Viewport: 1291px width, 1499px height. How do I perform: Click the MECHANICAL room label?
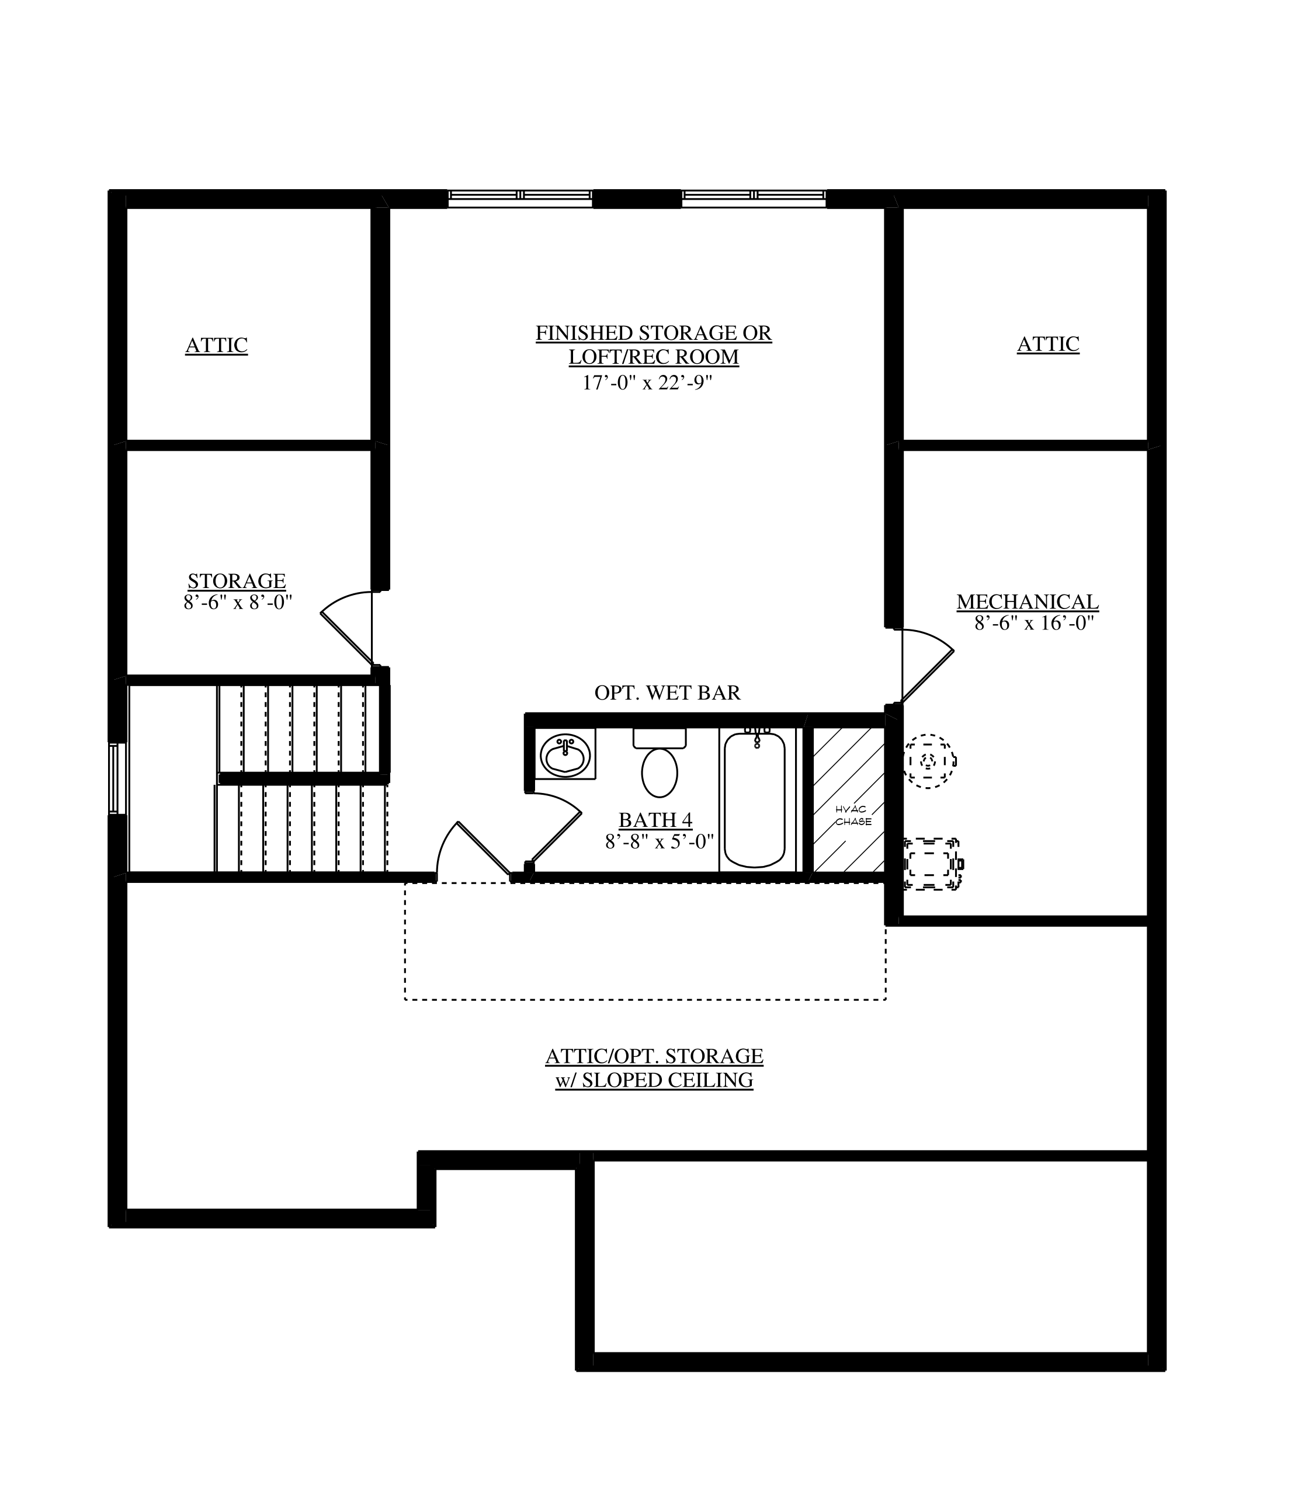coord(1028,601)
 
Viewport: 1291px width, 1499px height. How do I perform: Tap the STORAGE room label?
coord(237,581)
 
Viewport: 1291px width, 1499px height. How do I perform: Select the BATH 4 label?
coord(655,820)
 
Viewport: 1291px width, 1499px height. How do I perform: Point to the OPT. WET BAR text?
coord(667,693)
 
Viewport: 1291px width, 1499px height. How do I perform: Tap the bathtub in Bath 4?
coord(755,799)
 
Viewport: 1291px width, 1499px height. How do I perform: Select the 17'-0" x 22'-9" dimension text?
coord(648,382)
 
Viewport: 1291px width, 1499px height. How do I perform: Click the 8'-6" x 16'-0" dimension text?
coord(1033,623)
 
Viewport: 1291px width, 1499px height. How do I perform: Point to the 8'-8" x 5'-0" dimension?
coord(660,841)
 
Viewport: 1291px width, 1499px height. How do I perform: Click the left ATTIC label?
coord(216,345)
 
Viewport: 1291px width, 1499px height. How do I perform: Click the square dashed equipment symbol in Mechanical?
coord(933,864)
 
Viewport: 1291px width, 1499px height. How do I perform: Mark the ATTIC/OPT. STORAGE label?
coord(654,1056)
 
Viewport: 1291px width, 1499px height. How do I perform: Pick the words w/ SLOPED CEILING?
coord(654,1080)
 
